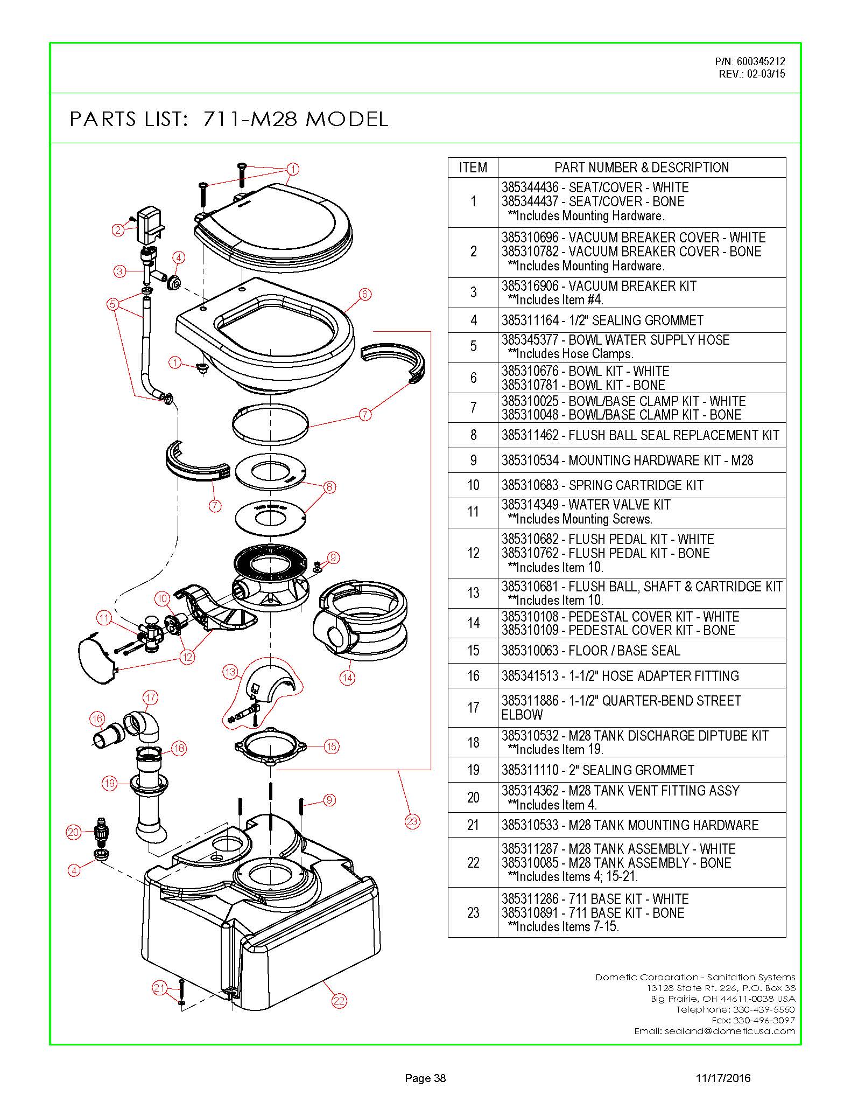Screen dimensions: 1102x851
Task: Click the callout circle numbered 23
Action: click(x=412, y=822)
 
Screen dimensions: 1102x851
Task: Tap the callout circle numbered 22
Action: click(x=339, y=1001)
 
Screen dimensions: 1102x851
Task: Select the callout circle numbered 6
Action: click(x=365, y=294)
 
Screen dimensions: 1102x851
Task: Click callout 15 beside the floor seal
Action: click(x=332, y=747)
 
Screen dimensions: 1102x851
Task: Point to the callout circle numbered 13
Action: click(x=230, y=672)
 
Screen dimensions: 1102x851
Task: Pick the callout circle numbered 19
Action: click(x=110, y=783)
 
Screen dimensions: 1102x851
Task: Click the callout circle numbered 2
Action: click(x=118, y=230)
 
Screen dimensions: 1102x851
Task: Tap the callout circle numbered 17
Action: click(x=151, y=698)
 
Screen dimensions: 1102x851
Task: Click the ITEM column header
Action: click(x=473, y=168)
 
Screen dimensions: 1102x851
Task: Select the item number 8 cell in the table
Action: click(x=473, y=435)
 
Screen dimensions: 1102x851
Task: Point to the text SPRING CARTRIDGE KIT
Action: click(x=636, y=485)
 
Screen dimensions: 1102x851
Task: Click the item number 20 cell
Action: click(x=473, y=798)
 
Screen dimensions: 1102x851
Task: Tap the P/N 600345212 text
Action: click(x=750, y=61)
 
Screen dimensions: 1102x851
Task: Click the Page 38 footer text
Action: click(x=425, y=1078)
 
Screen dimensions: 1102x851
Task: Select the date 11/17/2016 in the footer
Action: click(x=723, y=1078)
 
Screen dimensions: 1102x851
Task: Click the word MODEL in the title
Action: click(x=347, y=119)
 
